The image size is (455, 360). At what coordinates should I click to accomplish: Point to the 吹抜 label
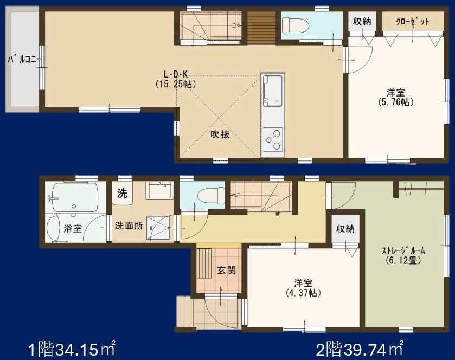pos(220,134)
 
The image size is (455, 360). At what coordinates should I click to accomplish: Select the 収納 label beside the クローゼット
pos(362,22)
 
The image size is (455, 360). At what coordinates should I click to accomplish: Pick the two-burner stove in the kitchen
pos(273,139)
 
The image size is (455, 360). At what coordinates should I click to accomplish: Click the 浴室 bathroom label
pos(73,228)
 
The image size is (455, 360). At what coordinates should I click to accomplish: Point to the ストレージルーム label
pos(403,250)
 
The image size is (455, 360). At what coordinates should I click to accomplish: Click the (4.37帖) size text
pos(303,293)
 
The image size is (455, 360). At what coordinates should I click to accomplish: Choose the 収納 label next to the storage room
pos(345,229)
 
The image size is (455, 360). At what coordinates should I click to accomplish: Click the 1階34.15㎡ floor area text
pos(72,347)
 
